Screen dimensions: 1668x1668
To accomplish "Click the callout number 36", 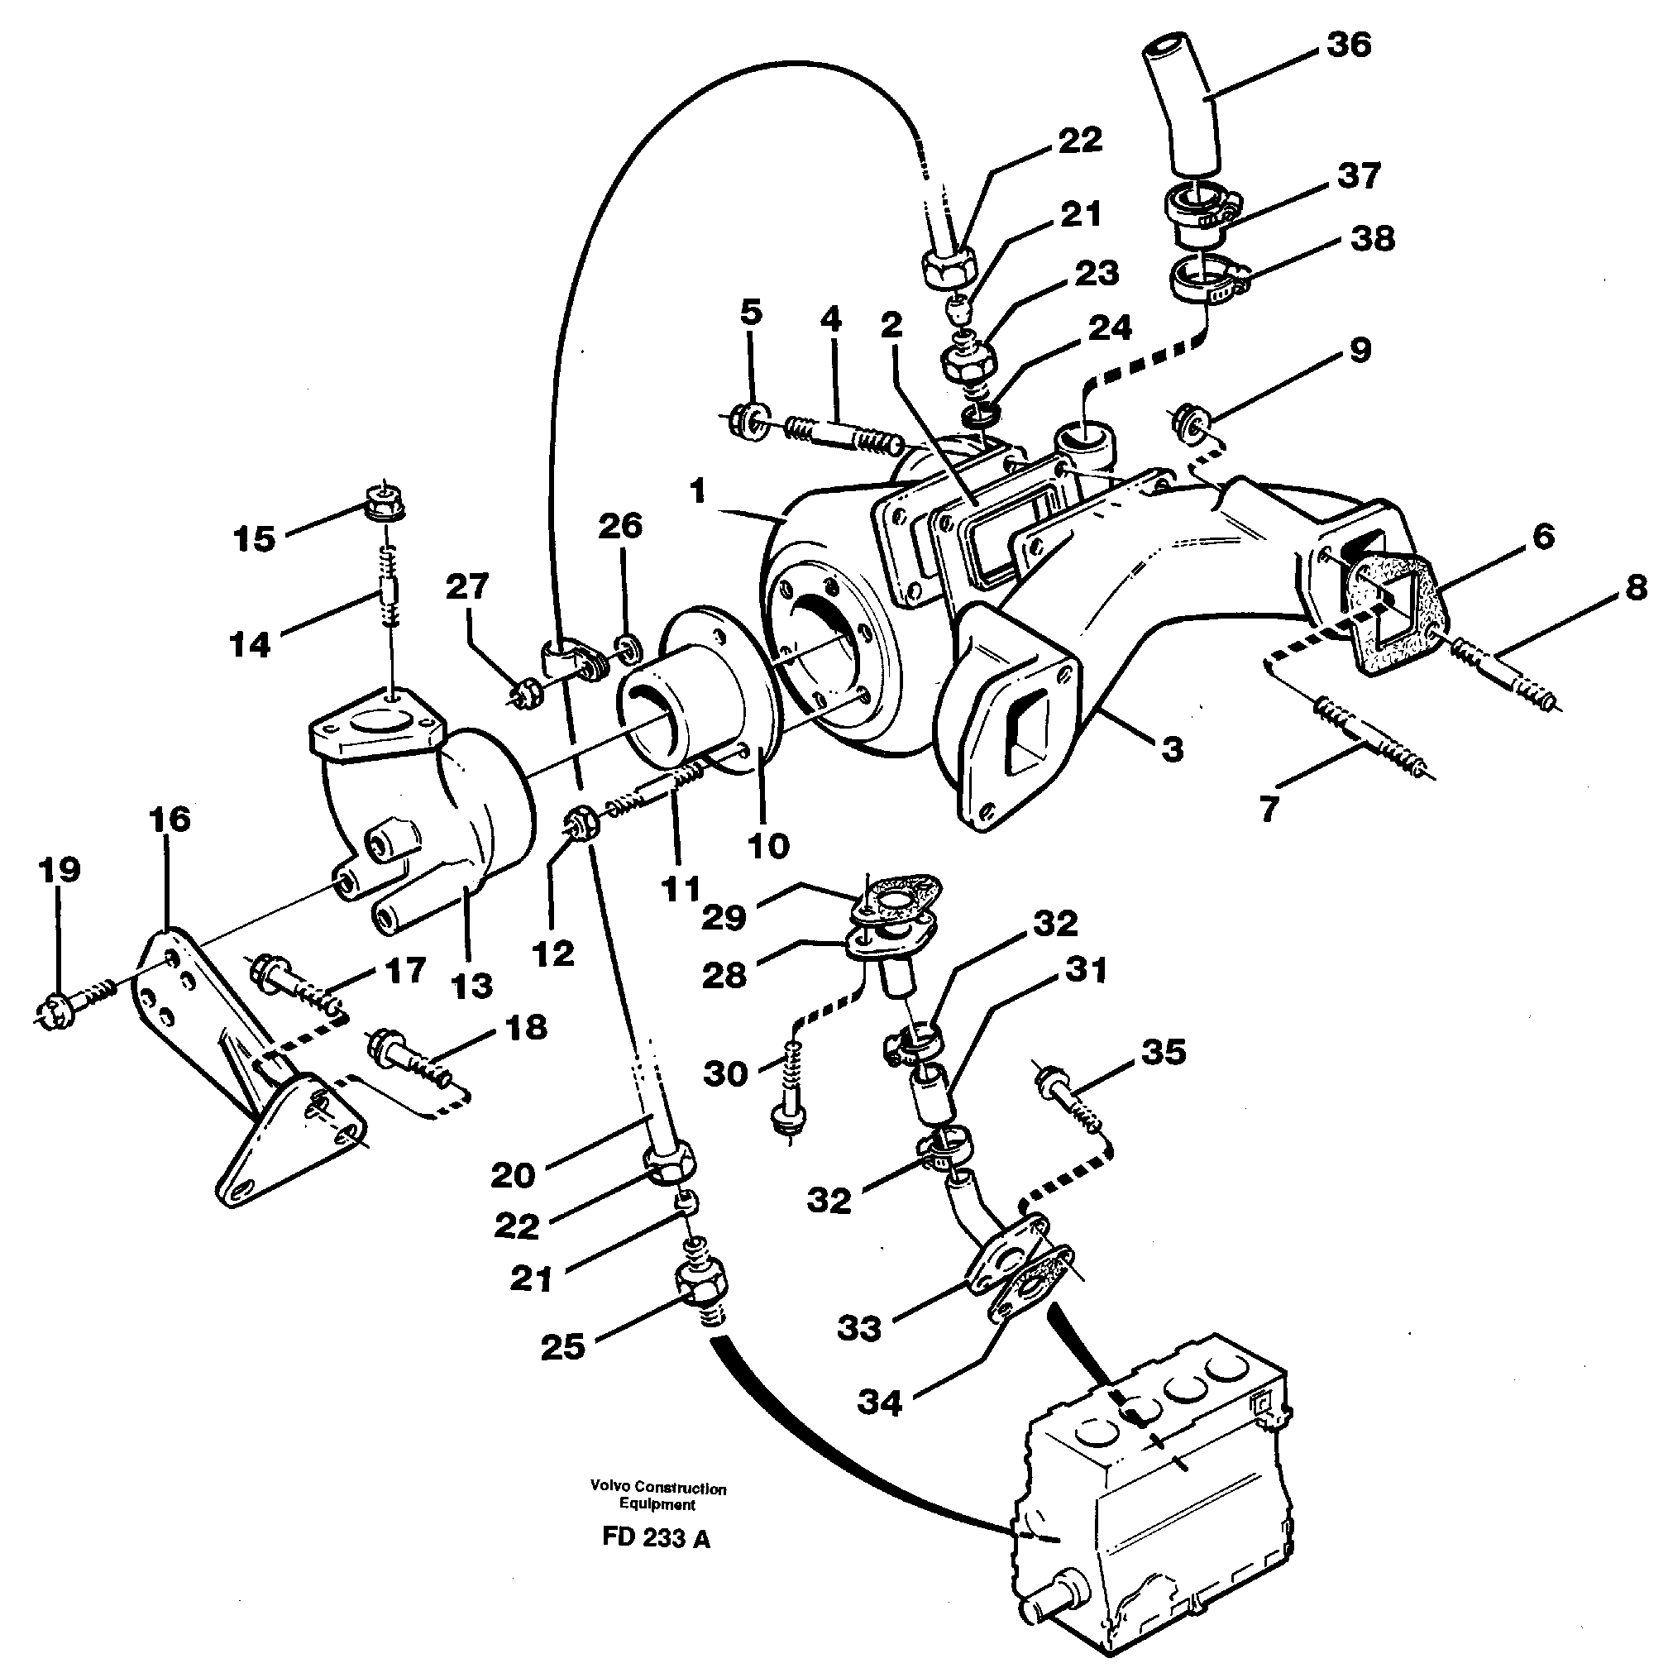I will (1349, 44).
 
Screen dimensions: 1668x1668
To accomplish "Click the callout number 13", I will (472, 985).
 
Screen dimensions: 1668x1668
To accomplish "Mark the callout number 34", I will (880, 1403).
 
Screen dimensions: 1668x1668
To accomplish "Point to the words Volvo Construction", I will (658, 1488).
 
